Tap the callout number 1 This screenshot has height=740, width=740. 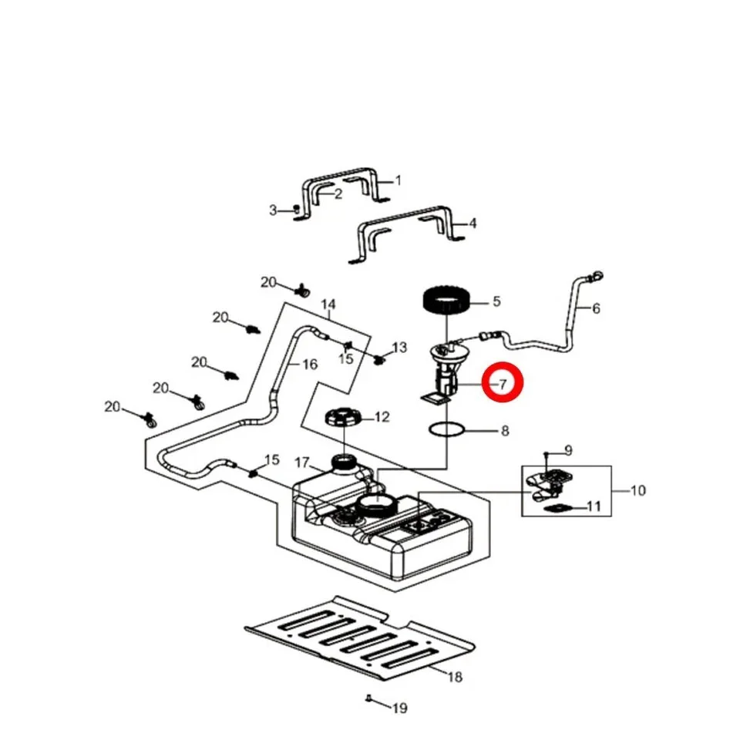click(398, 180)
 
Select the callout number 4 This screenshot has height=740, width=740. click(473, 223)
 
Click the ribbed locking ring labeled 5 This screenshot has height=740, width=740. click(446, 301)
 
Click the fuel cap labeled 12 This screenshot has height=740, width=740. click(344, 417)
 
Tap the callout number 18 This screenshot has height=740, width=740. click(455, 678)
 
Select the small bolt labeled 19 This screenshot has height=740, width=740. click(369, 698)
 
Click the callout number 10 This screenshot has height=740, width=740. click(637, 491)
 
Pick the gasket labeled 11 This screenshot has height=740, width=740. click(558, 509)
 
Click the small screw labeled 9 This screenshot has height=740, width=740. click(547, 454)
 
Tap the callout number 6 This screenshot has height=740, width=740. click(596, 308)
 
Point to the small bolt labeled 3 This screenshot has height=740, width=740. click(296, 209)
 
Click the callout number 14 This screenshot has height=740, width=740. click(328, 304)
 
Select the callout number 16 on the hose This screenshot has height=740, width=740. click(310, 365)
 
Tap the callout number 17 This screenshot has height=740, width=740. click(302, 463)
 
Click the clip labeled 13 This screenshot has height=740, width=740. click(379, 361)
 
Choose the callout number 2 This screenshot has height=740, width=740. click(338, 194)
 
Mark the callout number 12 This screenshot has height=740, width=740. click(382, 417)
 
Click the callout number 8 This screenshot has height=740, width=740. click(504, 431)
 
